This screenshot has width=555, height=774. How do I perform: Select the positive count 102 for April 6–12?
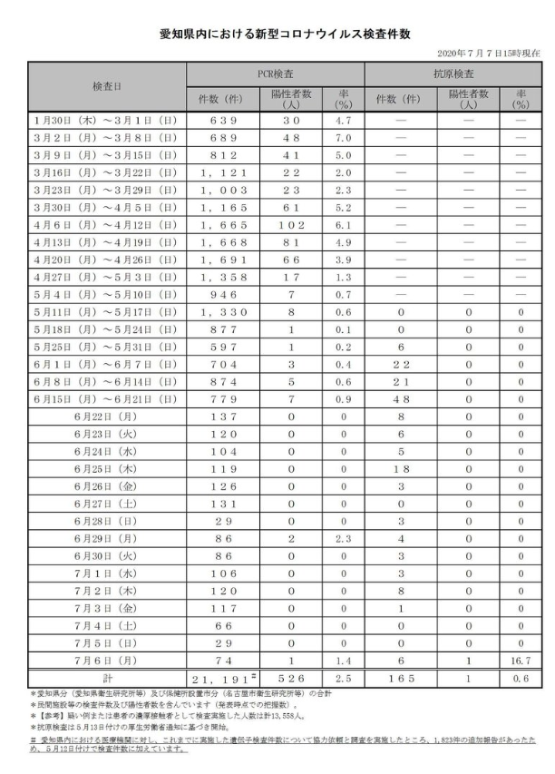click(291, 226)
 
